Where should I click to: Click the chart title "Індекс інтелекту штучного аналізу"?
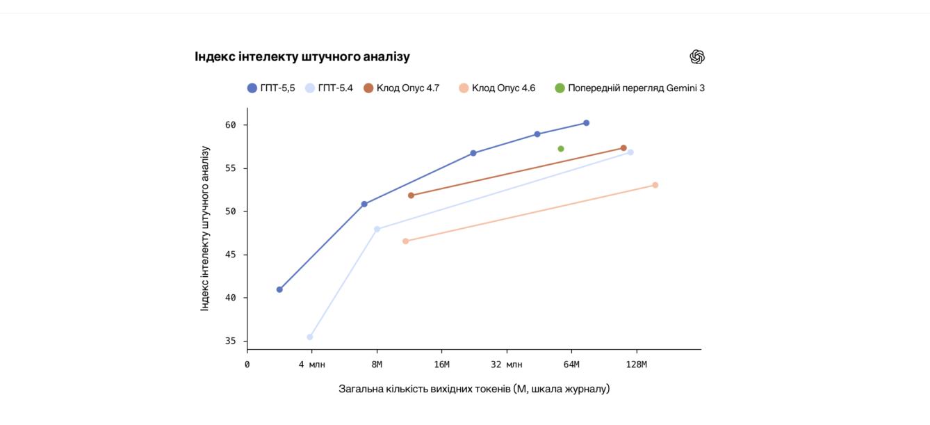point(302,57)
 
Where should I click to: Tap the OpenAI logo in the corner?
point(697,57)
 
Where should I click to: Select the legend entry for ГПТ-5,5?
point(271,88)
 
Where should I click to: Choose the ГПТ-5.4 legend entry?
point(329,88)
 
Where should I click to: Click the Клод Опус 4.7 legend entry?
point(401,88)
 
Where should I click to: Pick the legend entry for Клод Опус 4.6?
point(497,88)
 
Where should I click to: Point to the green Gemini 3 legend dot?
point(560,88)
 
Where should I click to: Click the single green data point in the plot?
point(561,149)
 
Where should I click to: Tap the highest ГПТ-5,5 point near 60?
point(586,123)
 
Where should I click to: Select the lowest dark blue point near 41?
point(279,289)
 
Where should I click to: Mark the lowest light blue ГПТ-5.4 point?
point(310,337)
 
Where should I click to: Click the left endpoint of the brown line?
point(411,195)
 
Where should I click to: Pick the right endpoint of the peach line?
point(655,185)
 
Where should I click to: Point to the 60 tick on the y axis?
point(230,125)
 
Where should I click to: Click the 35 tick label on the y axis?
point(230,341)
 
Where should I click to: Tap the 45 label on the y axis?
point(230,255)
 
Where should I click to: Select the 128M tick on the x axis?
point(636,364)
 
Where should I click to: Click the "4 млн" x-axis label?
point(312,364)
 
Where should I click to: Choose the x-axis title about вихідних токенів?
point(474,389)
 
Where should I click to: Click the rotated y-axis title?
point(205,228)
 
